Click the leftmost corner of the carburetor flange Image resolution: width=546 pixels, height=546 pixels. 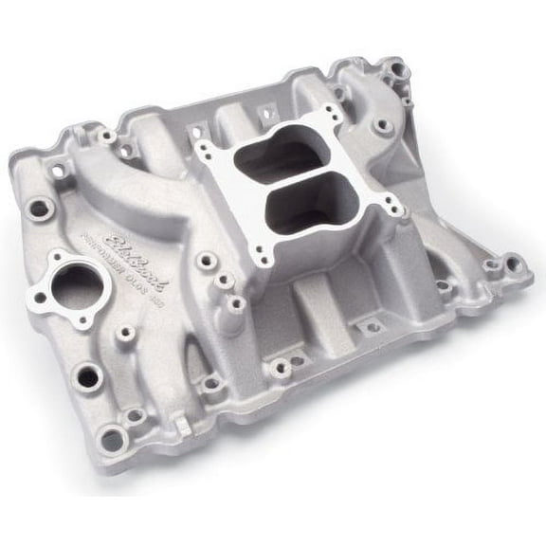click(201, 148)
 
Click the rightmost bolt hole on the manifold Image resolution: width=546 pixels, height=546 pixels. click(513, 263)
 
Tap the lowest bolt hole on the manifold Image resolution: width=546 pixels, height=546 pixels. click(112, 439)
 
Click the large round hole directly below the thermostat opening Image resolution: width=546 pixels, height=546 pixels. click(88, 377)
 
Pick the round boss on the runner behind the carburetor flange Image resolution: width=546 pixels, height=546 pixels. click(383, 124)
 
